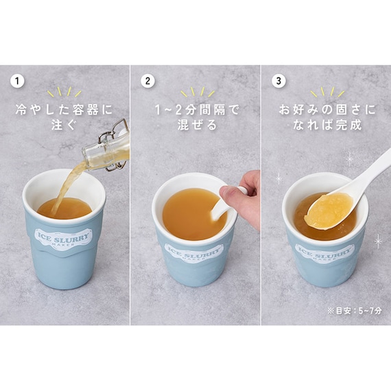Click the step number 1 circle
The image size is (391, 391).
tap(17, 81)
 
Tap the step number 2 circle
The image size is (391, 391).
tap(147, 81)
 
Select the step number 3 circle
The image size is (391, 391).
tap(279, 81)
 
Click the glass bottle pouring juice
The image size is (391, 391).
tap(107, 147)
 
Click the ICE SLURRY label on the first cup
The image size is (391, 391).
tap(63, 238)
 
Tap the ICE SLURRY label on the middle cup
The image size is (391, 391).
tap(193, 252)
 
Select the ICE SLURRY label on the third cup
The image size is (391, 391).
tap(324, 252)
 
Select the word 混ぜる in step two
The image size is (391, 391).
tap(196, 124)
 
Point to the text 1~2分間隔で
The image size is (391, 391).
tap(196, 110)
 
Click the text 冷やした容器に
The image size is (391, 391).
tap(64, 110)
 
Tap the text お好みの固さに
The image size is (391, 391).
tap(327, 110)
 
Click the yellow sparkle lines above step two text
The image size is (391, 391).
tap(198, 92)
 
